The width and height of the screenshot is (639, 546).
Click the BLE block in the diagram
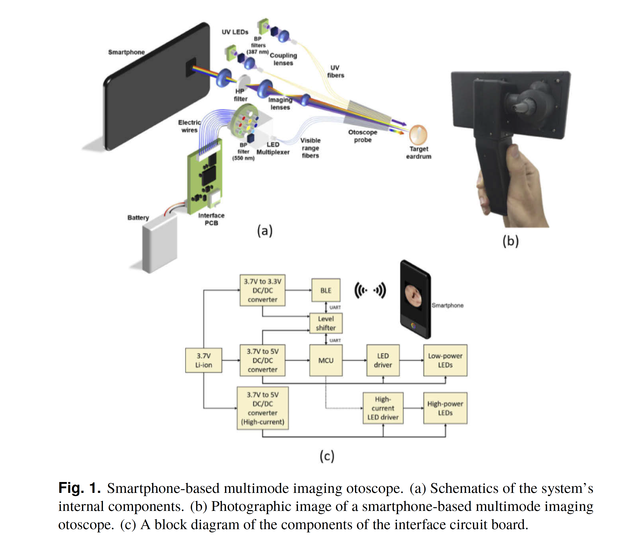[x=326, y=290]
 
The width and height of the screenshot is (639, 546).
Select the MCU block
[x=326, y=360]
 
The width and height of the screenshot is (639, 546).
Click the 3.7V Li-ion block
[x=204, y=360]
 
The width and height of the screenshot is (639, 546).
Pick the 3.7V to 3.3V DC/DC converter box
[x=262, y=290]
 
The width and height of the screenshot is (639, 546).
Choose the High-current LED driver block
[x=383, y=408]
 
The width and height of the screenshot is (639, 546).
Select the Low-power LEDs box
[x=445, y=360]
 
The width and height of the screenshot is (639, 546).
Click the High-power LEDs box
[x=445, y=408]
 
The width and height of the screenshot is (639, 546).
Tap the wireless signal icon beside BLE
[x=370, y=290]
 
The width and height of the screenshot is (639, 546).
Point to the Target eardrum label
[x=419, y=152]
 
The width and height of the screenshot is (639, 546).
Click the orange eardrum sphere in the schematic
[x=418, y=134]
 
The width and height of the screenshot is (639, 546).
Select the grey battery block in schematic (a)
[x=160, y=245]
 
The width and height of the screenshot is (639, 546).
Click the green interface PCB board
[x=205, y=179]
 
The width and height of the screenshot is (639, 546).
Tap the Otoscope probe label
[x=363, y=136]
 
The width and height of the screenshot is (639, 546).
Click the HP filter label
[x=240, y=95]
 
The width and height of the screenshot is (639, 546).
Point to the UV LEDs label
[x=235, y=32]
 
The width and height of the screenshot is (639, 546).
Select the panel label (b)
[x=510, y=241]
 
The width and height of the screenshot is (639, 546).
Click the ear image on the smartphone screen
[x=413, y=295]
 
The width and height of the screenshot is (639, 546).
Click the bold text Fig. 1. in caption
[x=80, y=488]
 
